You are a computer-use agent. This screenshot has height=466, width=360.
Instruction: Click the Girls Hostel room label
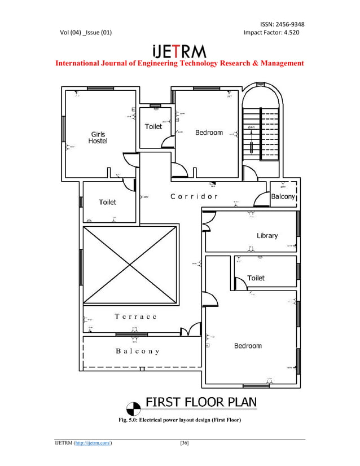[x=97, y=138]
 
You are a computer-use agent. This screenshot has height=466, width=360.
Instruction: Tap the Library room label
[x=267, y=235]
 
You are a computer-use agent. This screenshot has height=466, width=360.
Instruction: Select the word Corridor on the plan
[x=194, y=197]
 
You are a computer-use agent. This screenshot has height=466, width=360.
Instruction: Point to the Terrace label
[x=135, y=316]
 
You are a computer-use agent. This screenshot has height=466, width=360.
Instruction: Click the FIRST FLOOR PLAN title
[x=201, y=403]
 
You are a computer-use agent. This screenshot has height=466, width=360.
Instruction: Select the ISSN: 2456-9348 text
[x=282, y=24]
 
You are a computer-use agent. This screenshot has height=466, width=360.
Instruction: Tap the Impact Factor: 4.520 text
[x=271, y=33]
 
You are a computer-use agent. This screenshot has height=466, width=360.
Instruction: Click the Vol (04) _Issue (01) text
[x=86, y=33]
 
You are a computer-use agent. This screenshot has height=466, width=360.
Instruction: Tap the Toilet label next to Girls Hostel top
[x=153, y=126]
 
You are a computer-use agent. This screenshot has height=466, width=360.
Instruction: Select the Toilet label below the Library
[x=256, y=278]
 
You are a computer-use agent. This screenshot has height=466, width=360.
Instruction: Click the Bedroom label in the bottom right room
[x=248, y=346]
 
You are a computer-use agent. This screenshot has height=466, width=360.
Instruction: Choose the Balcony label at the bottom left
[x=138, y=351]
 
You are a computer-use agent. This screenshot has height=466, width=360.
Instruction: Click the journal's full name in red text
[x=179, y=63]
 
